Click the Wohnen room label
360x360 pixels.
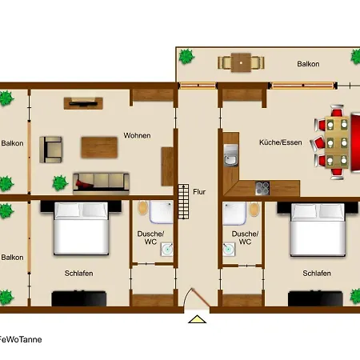(x=137, y=135)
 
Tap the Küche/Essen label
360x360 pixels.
(x=281, y=142)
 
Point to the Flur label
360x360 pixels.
(x=199, y=192)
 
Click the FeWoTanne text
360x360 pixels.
(x=20, y=339)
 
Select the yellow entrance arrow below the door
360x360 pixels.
(x=197, y=319)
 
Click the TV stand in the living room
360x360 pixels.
(x=83, y=103)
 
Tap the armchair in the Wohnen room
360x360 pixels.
(x=50, y=150)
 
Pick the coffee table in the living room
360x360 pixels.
(x=99, y=147)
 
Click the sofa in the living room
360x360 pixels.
(x=101, y=182)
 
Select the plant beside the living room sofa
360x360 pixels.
(x=60, y=183)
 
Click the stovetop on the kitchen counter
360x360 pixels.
(x=262, y=188)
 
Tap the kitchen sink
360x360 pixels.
(x=230, y=155)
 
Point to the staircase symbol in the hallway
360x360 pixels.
(x=183, y=202)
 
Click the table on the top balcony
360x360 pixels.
(x=241, y=63)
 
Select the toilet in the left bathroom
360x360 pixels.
(x=143, y=208)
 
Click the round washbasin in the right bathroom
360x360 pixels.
(x=229, y=249)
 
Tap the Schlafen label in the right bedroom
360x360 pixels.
(x=317, y=274)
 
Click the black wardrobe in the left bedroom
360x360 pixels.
(x=79, y=298)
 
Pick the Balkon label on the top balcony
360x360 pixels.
(x=308, y=64)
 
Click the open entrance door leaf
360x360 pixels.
(x=202, y=298)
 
